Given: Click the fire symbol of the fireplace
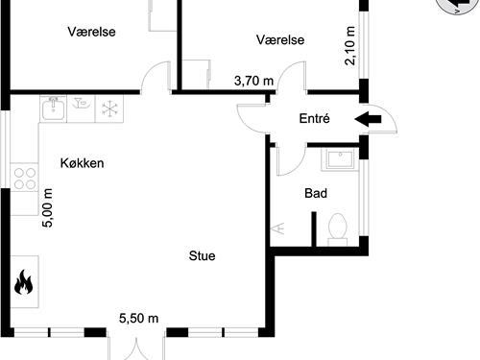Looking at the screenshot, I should [24, 283].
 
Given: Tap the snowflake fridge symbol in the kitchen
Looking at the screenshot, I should [108, 108].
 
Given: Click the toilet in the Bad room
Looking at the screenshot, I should [337, 227].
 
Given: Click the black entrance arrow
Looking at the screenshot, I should [368, 119].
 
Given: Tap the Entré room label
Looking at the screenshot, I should [314, 120].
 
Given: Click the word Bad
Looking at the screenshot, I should [315, 193].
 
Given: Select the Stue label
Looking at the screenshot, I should [202, 256].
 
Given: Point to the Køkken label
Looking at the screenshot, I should [81, 163].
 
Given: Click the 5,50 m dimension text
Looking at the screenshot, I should [138, 318].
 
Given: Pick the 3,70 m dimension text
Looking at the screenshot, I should [253, 82].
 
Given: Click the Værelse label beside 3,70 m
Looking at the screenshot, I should [280, 39].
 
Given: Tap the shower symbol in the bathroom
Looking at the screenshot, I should [281, 229].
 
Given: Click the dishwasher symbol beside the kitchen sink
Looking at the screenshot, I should [82, 108].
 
